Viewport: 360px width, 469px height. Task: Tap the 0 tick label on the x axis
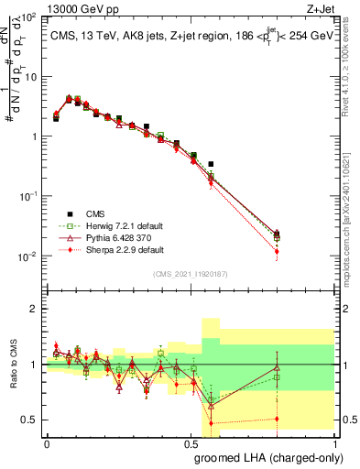[47, 443]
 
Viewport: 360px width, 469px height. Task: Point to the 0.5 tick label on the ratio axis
[29, 420]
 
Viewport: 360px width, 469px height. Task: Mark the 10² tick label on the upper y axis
[28, 17]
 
